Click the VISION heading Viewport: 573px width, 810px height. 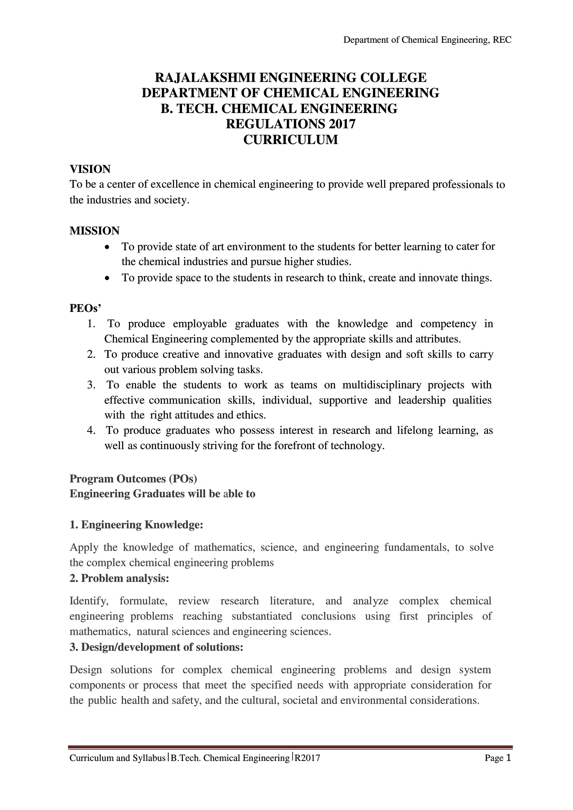coord(90,169)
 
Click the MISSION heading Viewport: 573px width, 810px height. coord(95,231)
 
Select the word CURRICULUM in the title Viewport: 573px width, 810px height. coord(291,140)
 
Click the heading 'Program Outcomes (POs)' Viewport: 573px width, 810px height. coord(133,478)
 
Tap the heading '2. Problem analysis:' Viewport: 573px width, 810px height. coord(119,578)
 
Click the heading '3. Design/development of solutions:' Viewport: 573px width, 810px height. coord(156,647)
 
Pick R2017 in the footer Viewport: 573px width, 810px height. coord(307,759)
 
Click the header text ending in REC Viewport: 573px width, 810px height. coord(427,40)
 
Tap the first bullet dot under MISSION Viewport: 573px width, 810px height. coord(106,247)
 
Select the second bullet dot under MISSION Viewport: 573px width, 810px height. coord(106,279)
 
